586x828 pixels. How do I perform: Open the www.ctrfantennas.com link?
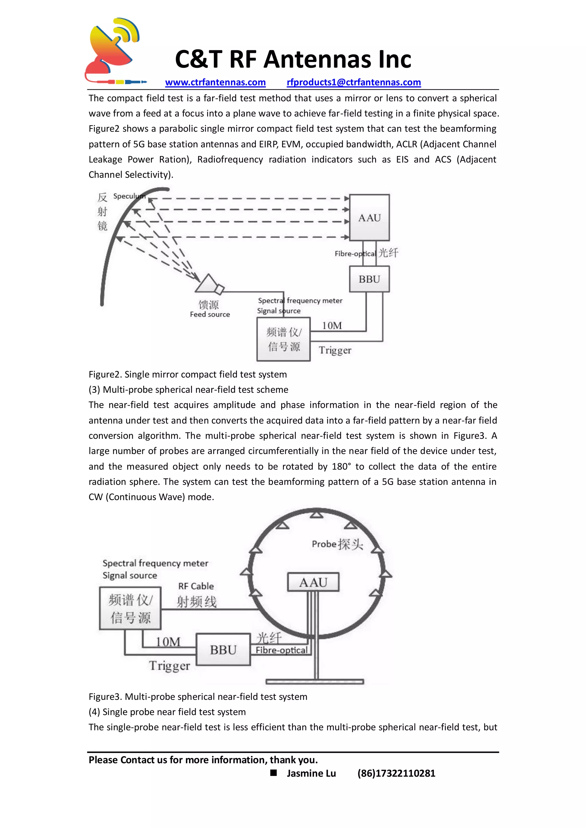pos(215,83)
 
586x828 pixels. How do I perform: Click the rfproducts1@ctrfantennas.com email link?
pos(354,83)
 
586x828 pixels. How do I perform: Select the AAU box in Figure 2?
pos(369,218)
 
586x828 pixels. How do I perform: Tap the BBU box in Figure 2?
pos(369,279)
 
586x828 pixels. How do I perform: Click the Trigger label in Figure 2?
pos(335,350)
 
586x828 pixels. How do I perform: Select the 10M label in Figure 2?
pos(332,326)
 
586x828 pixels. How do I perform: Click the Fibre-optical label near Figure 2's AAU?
pos(355,254)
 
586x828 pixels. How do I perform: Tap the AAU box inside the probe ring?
pos(313,582)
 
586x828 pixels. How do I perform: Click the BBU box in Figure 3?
pos(223,650)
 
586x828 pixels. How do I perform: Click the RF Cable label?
pos(196,586)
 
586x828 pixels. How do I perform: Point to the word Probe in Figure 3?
pos(324,544)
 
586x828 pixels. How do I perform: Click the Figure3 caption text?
pos(198,697)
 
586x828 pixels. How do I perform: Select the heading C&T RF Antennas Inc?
pos(293,59)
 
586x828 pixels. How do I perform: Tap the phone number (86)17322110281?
pos(396,773)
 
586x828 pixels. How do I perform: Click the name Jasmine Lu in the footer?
pos(311,773)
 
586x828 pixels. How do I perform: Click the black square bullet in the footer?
pos(274,773)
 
